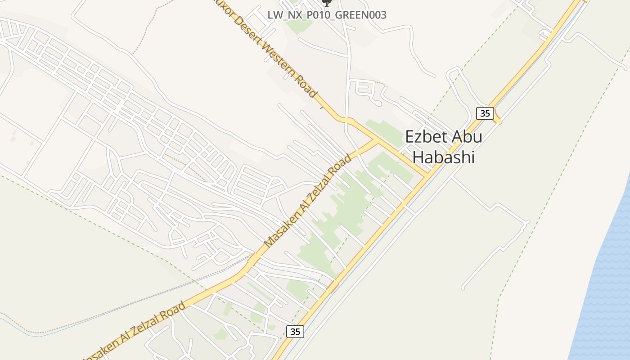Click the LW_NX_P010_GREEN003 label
(x=327, y=15)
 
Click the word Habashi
(x=444, y=157)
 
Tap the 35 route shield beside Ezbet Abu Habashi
(x=485, y=113)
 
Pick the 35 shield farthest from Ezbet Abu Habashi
(x=295, y=332)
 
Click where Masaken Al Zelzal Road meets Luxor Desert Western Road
(x=375, y=141)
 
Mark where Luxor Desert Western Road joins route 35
(x=427, y=175)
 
